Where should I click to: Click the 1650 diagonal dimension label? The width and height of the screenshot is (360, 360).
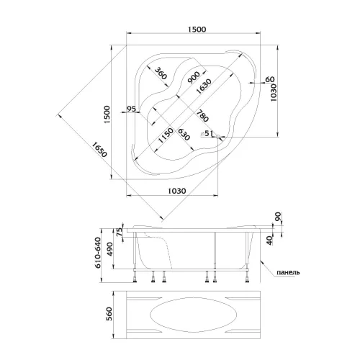99,149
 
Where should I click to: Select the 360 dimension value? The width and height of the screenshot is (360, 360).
161,73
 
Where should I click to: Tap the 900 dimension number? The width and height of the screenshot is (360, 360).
194,77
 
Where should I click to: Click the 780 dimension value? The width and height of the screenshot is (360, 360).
202,116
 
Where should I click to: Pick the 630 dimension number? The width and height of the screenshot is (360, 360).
184,135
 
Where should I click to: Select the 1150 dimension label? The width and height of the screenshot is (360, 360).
166,135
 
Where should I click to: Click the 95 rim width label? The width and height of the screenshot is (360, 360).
131,109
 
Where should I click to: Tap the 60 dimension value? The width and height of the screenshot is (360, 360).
270,79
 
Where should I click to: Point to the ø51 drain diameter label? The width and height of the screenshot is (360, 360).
207,133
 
